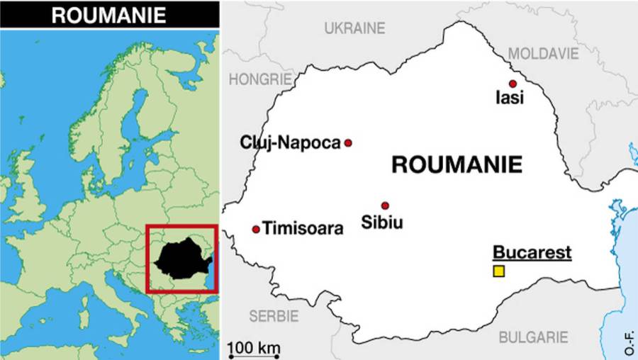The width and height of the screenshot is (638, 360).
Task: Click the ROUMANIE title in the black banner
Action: coord(108,15)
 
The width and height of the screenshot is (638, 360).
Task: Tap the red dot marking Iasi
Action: coord(513,84)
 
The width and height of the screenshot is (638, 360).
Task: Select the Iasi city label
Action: coord(510,99)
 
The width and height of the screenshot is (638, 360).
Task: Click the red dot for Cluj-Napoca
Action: coord(348,142)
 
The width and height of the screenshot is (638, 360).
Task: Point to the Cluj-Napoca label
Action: coord(291,142)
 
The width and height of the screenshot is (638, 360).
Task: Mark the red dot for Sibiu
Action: coord(385,206)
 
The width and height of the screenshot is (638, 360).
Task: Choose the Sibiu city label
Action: coord(382,222)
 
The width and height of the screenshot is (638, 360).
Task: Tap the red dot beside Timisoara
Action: coord(256,229)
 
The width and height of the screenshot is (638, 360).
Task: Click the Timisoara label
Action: coord(303,229)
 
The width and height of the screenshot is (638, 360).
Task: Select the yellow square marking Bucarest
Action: coord(499,271)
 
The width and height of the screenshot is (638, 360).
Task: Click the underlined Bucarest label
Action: coord(532,252)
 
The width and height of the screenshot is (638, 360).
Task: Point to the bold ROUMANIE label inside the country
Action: coord(457,164)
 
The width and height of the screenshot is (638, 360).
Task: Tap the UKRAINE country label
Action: coord(354,28)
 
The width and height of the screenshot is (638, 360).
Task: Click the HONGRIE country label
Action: coord(260,79)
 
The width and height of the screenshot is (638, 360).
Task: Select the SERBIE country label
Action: coord(274,315)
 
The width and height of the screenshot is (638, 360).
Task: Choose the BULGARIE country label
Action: coord(533,337)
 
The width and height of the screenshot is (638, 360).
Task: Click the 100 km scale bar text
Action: coord(254,348)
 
